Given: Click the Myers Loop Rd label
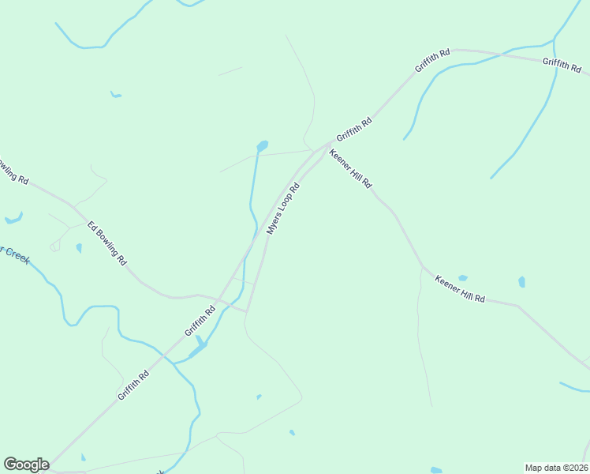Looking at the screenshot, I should tap(284, 209).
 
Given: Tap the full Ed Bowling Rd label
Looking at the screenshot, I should tap(107, 243).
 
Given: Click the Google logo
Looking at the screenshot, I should tap(26, 465).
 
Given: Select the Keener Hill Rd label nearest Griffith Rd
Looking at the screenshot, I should tap(350, 168).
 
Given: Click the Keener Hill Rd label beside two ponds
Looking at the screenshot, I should tap(460, 289).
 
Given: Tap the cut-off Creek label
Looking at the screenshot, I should tap(13, 254).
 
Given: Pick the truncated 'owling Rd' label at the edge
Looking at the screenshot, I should tap(13, 171).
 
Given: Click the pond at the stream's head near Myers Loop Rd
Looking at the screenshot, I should tap(262, 146).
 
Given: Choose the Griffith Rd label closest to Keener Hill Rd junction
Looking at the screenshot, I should tap(353, 128).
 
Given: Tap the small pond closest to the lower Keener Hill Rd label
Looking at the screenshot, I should tap(463, 278).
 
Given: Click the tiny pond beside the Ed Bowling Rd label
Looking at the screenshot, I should tap(79, 248).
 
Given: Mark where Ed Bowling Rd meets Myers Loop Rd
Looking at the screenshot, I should tap(246, 311).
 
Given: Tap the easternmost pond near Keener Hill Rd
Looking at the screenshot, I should tap(521, 282).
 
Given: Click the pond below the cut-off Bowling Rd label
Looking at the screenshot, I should tap(13, 219).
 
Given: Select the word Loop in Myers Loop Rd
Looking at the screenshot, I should tap(286, 207).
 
